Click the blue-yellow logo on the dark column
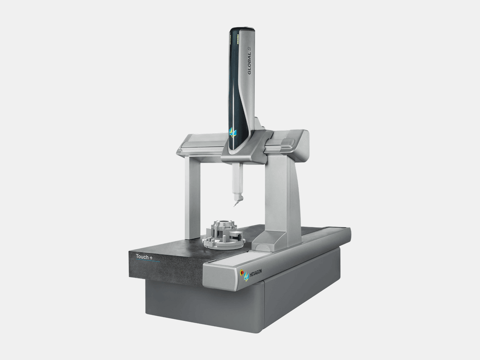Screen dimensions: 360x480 click(233, 132)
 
